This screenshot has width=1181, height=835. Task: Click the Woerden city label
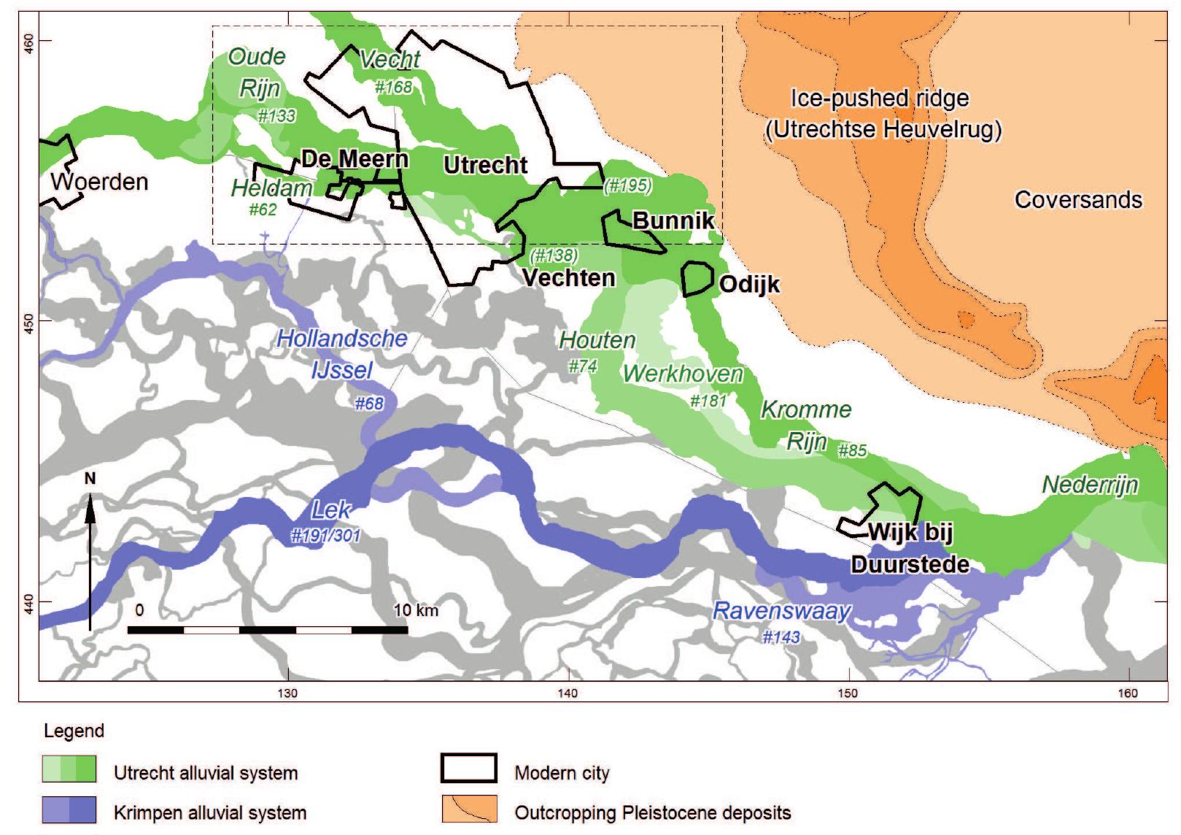99,181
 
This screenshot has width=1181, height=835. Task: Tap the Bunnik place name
673,220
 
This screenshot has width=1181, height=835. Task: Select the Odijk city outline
697,278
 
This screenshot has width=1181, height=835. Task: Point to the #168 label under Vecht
393,88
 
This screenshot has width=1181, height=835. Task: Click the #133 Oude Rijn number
277,115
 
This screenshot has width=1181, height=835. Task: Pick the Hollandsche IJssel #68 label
369,402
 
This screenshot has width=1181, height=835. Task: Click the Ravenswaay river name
781,610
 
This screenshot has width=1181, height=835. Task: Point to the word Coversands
1077,199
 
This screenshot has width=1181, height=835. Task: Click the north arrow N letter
90,479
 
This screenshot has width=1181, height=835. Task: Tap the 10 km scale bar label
416,609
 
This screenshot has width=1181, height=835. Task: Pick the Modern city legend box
468,769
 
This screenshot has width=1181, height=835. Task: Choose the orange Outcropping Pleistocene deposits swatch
468,810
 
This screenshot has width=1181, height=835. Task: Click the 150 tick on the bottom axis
848,693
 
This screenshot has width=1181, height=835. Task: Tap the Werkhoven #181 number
708,401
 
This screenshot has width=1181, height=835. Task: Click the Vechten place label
569,277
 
